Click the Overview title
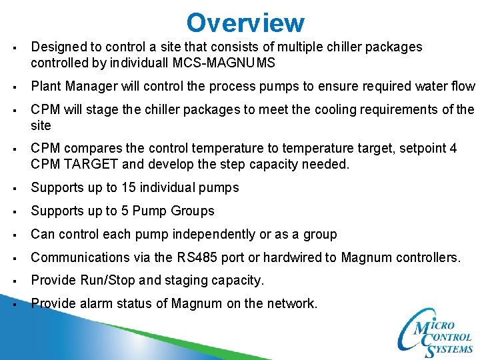click(x=245, y=23)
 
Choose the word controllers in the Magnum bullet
click(x=423, y=257)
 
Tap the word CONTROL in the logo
click(x=448, y=337)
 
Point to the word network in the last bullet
click(x=290, y=304)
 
